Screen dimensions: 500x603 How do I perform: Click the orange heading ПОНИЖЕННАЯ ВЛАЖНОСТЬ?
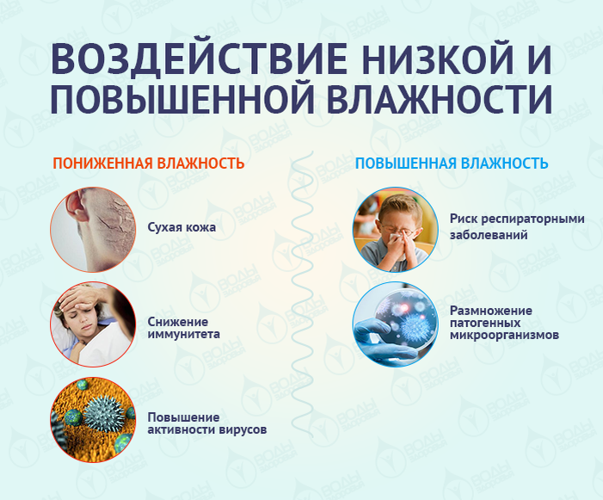click(149, 164)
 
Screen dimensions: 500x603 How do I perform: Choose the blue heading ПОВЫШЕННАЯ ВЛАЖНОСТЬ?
click(452, 164)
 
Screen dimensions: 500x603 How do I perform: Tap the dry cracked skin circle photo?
click(92, 228)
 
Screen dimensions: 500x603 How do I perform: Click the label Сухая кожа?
click(181, 228)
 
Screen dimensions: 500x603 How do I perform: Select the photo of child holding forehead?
click(92, 326)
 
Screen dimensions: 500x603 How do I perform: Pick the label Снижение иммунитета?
click(183, 326)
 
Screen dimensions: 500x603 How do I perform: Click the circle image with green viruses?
click(92, 421)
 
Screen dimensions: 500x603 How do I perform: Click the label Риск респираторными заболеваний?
click(516, 226)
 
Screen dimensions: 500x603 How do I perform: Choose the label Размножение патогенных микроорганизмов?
click(504, 322)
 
